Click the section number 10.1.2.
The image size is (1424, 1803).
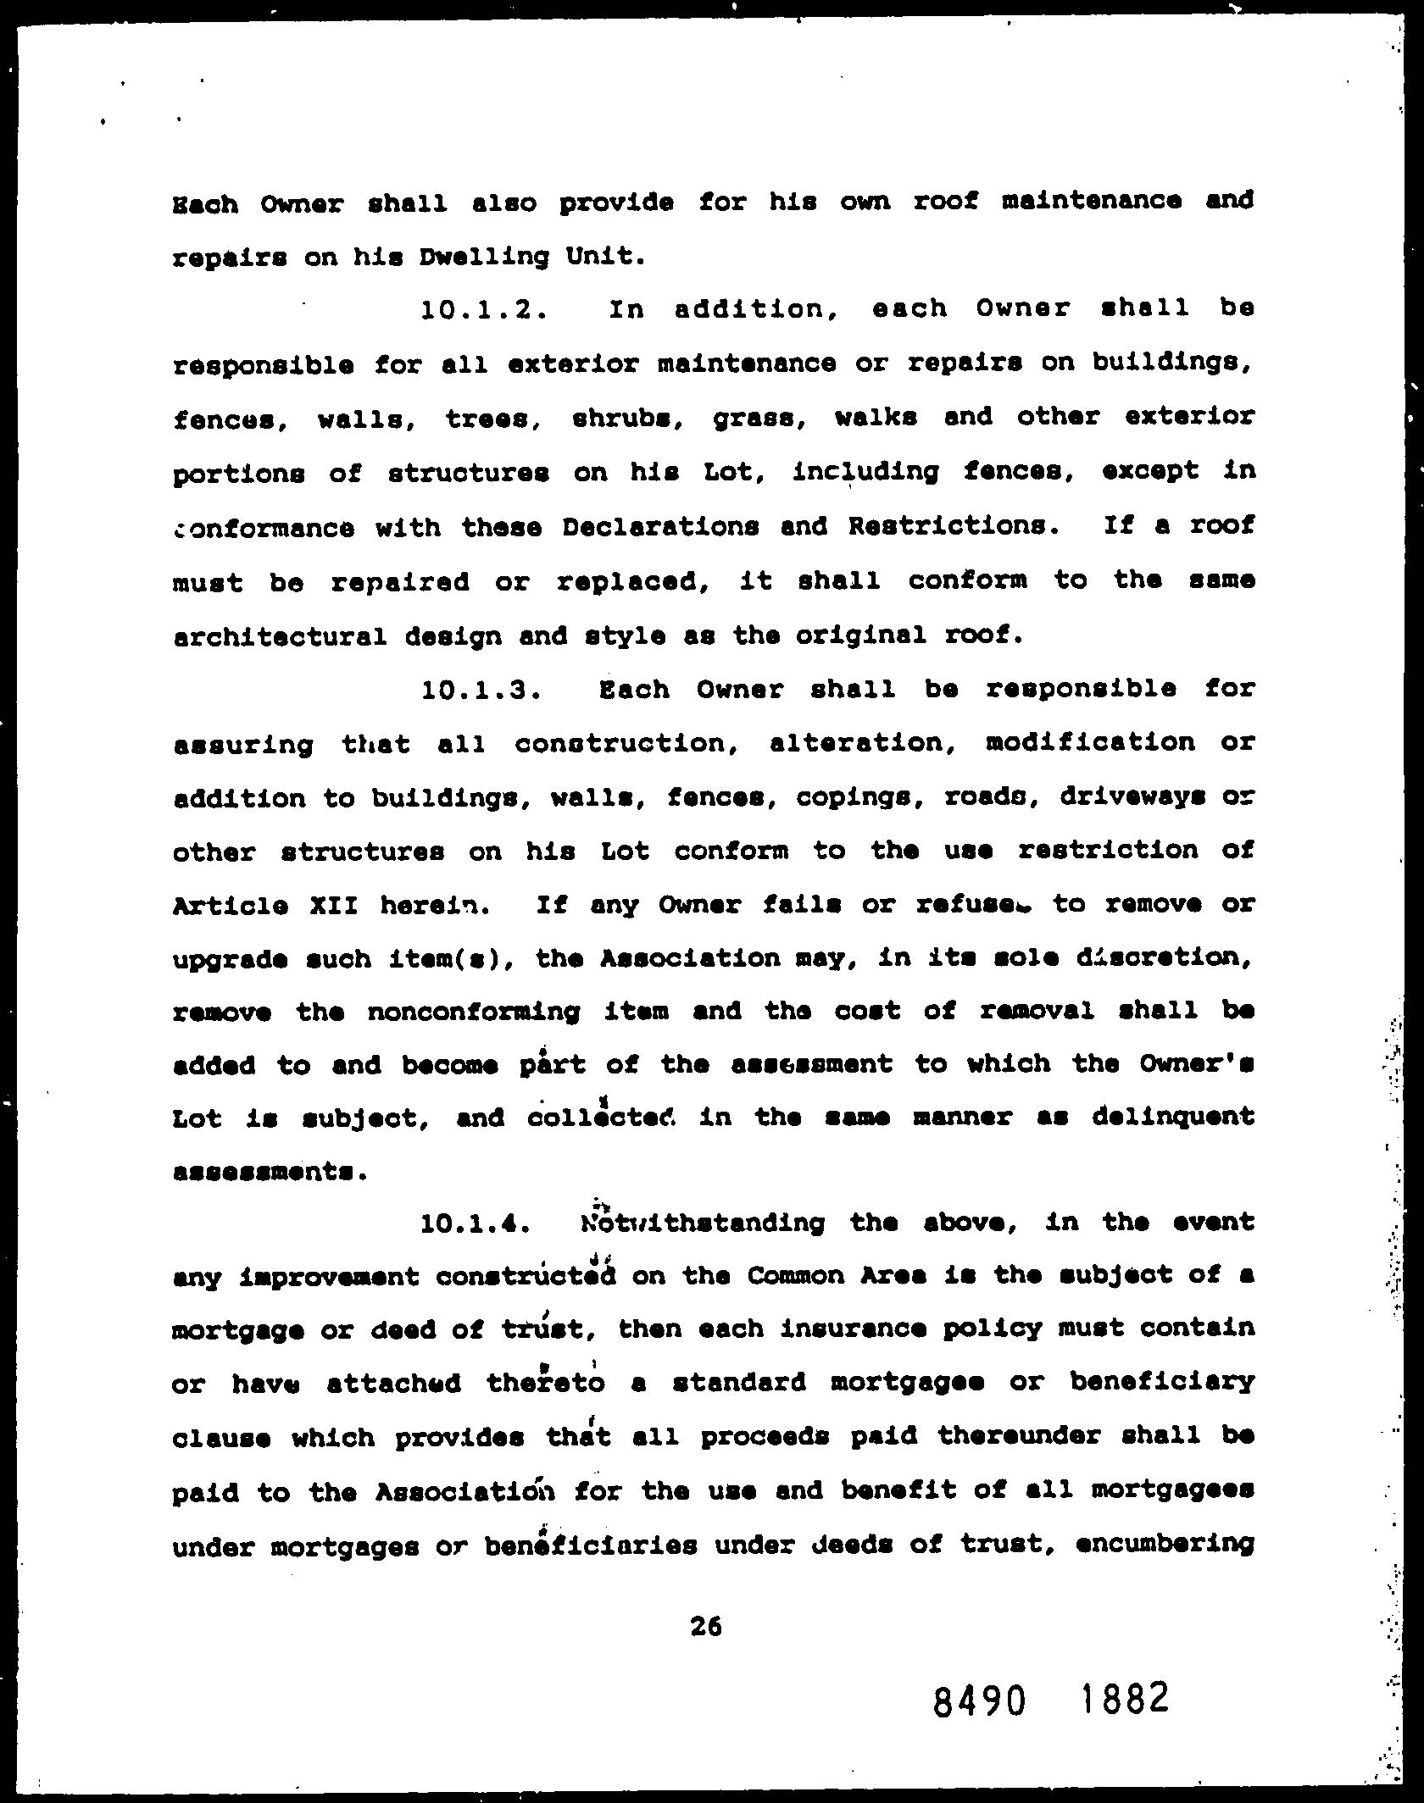point(481,309)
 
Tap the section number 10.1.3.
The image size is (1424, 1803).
point(481,690)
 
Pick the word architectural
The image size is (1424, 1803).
point(280,636)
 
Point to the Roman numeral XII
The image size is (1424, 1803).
point(332,906)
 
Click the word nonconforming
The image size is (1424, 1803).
point(473,1012)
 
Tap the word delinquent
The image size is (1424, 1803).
point(1173,1118)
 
